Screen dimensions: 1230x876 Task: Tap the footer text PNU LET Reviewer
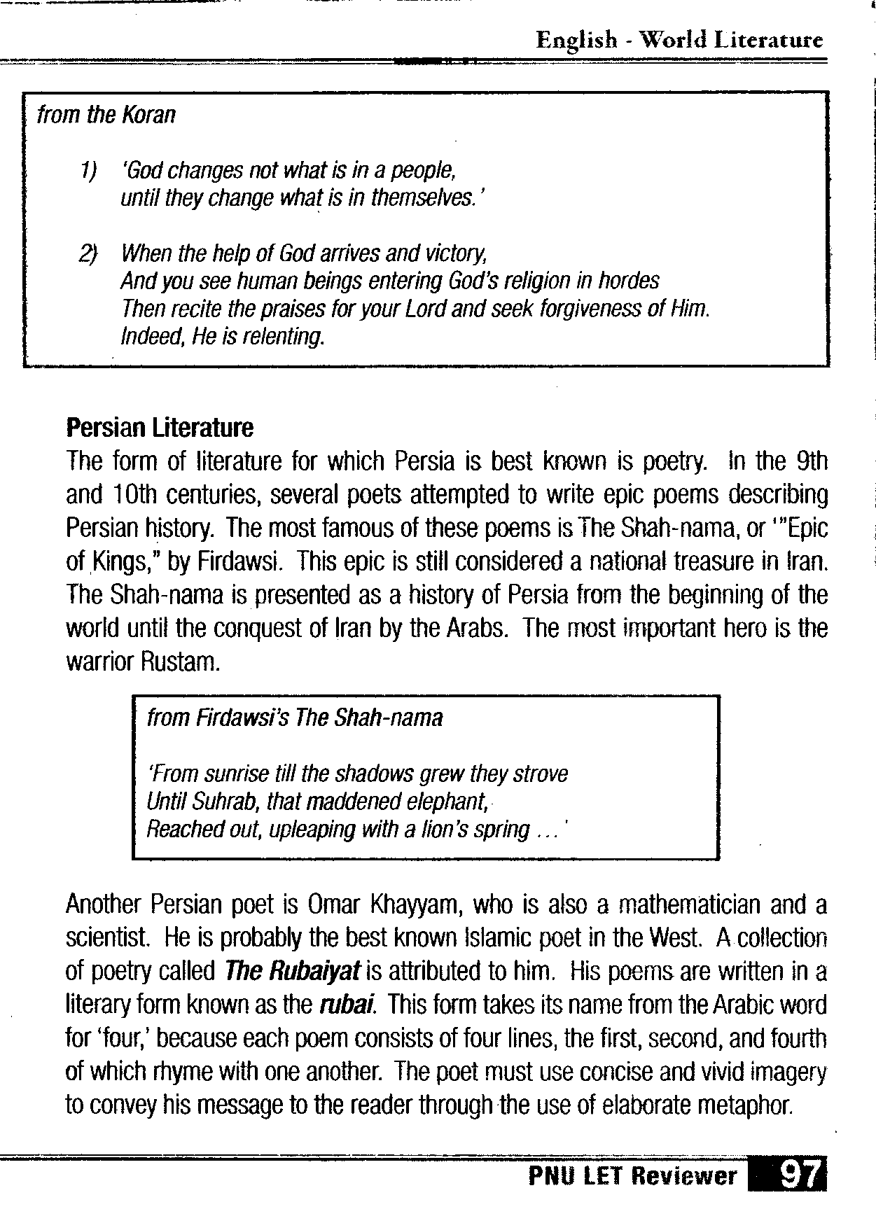click(632, 1176)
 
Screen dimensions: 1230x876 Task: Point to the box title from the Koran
click(106, 114)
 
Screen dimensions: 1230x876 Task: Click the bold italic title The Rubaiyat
click(293, 972)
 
